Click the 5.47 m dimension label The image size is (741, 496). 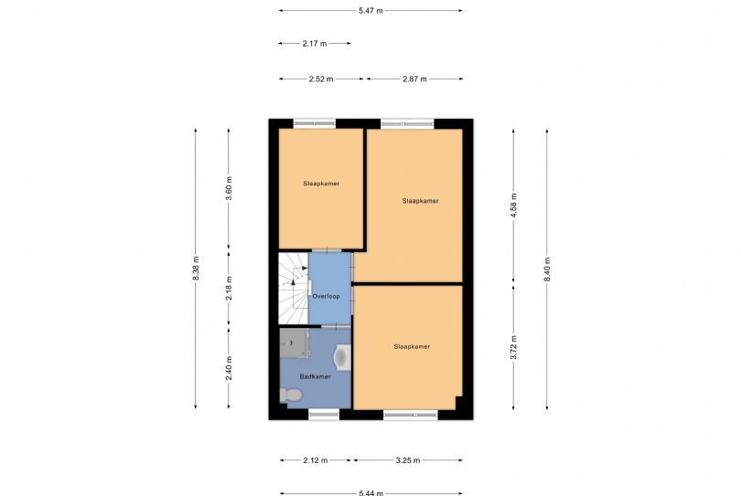370,10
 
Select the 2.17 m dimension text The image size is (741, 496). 315,44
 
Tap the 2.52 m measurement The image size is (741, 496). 321,79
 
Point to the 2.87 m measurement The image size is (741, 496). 414,79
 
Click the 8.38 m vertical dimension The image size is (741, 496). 196,268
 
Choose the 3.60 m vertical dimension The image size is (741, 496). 229,188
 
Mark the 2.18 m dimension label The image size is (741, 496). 229,289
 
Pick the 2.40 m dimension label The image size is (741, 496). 229,368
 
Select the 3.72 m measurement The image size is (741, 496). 514,347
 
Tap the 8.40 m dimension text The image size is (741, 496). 547,269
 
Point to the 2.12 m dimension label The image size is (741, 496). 316,460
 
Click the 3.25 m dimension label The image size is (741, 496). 408,460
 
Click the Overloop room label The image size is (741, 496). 326,296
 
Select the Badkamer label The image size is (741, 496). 316,376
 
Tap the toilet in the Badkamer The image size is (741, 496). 291,395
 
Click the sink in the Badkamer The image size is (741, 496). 343,357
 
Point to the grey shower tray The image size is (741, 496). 294,343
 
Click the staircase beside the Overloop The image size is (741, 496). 293,289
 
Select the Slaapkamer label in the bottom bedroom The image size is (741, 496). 412,346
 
